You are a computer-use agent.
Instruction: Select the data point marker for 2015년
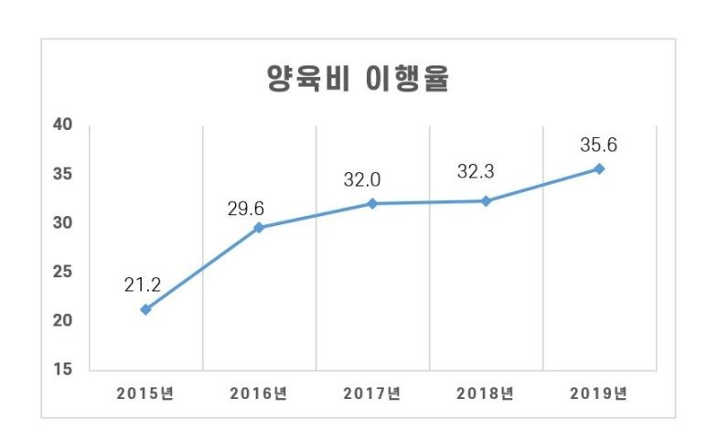145,309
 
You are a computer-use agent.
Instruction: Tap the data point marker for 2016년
259,227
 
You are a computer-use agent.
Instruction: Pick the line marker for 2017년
372,203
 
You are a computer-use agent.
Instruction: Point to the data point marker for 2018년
486,200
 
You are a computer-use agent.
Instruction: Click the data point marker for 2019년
599,168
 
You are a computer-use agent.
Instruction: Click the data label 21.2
143,285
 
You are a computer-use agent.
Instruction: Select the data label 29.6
246,209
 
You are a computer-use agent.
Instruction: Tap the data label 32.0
361,180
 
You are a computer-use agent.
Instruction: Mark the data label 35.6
599,145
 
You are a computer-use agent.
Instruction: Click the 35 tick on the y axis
63,174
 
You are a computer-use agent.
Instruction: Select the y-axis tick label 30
63,223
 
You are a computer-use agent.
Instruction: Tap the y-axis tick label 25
63,273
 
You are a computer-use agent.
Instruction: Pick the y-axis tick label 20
63,321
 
